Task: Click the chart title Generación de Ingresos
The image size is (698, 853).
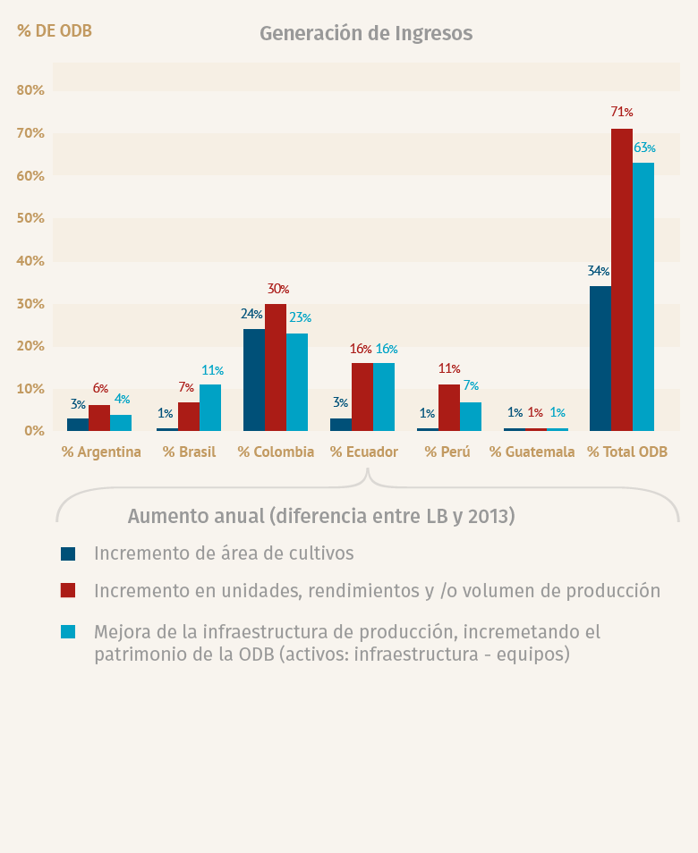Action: (365, 34)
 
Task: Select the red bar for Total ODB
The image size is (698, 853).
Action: (622, 280)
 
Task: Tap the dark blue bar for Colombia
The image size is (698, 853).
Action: (254, 380)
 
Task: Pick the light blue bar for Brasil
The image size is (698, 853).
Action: (210, 408)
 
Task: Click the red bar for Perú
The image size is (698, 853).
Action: (449, 408)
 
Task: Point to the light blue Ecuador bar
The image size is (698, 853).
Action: (384, 397)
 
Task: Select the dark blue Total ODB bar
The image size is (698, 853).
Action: (600, 359)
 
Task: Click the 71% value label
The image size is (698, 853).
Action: (622, 113)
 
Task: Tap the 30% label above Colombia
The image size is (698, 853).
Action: (277, 290)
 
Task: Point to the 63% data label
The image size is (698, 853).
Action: (644, 148)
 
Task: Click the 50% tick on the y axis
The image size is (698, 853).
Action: (30, 219)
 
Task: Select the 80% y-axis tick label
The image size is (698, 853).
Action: (30, 90)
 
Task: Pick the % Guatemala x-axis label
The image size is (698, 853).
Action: (532, 452)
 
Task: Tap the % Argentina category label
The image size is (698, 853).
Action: (101, 452)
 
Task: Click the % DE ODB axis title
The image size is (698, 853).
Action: (55, 31)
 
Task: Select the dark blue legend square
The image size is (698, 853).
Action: (68, 553)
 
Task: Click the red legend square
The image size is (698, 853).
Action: (68, 591)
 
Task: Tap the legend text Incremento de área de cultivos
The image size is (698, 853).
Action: (224, 553)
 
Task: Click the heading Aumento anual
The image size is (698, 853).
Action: (320, 517)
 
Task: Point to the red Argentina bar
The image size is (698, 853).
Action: (99, 418)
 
